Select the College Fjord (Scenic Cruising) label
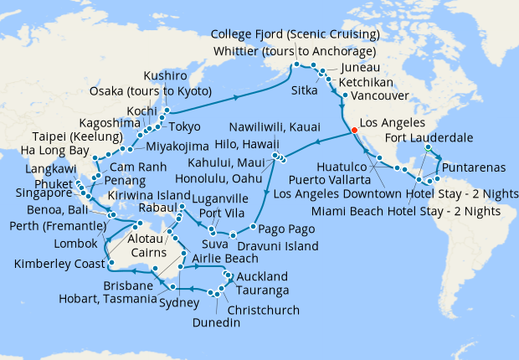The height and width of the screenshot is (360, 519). click(295, 34)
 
